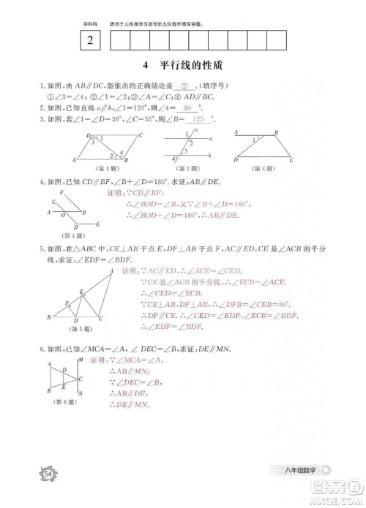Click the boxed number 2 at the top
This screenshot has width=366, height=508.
click(89, 42)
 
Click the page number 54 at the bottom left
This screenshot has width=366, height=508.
click(49, 475)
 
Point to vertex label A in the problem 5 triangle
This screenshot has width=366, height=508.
click(111, 271)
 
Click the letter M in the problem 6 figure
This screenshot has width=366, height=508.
click(80, 360)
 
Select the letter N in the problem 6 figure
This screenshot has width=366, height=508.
click(80, 394)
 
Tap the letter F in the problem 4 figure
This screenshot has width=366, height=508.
click(63, 192)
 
